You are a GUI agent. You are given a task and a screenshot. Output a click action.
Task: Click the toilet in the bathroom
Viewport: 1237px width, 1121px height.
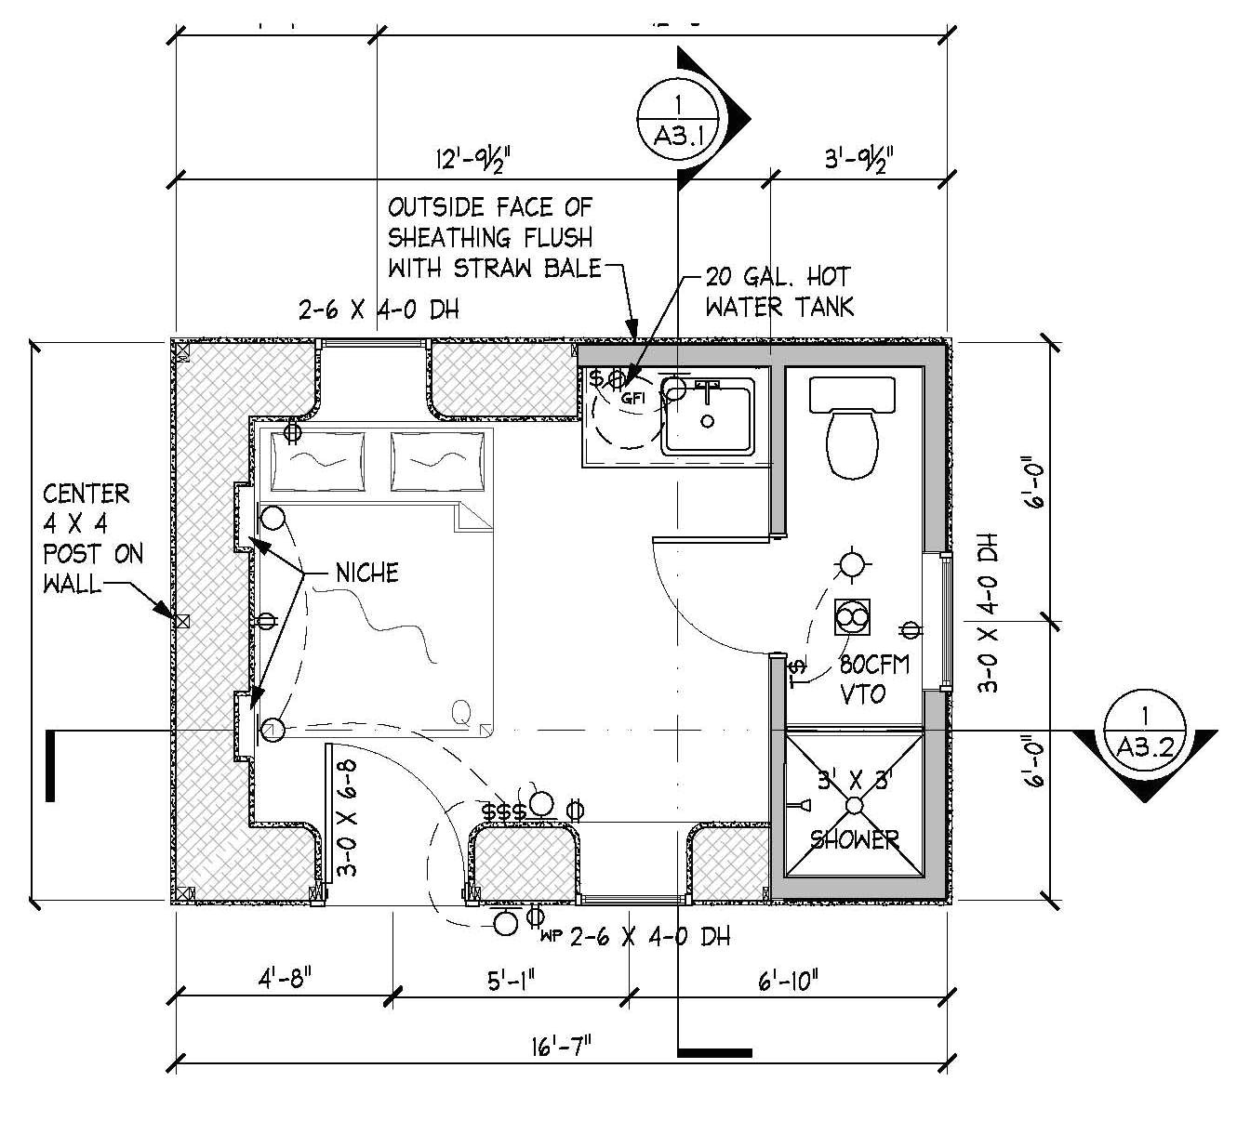(x=851, y=433)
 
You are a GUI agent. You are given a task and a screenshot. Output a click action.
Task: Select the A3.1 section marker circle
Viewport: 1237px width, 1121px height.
(x=676, y=117)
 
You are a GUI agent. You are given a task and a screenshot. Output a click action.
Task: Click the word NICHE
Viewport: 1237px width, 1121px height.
(x=366, y=573)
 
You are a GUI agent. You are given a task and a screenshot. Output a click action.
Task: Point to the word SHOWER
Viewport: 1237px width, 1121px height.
(x=854, y=839)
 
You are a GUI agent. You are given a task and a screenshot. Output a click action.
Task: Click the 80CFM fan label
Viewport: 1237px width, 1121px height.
(x=873, y=666)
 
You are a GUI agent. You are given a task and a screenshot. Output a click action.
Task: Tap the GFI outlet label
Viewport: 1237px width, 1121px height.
(x=632, y=398)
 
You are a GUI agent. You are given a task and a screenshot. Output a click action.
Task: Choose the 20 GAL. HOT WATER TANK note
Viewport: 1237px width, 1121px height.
(x=778, y=291)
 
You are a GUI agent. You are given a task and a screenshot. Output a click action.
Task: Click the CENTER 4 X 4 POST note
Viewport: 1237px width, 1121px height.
(x=92, y=539)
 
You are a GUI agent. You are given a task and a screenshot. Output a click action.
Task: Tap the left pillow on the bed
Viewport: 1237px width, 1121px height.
(x=313, y=459)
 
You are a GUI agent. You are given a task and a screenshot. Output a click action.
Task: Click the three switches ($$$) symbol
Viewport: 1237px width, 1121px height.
(x=504, y=811)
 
